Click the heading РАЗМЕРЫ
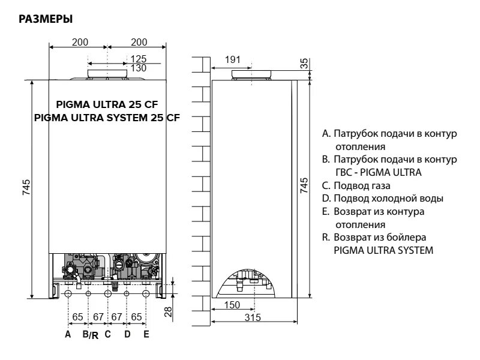pos(46,20)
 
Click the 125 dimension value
pos(139,59)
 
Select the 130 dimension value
pos(139,68)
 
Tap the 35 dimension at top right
pos(304,62)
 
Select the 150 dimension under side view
pos(232,305)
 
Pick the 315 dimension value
pos(253,317)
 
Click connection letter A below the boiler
pos(68,334)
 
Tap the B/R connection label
pos(90,335)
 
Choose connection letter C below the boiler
pos(107,334)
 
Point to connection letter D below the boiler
pos(127,334)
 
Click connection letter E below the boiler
pos(146,334)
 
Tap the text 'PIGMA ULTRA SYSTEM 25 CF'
pos(107,116)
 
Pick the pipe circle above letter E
pos(146,293)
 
